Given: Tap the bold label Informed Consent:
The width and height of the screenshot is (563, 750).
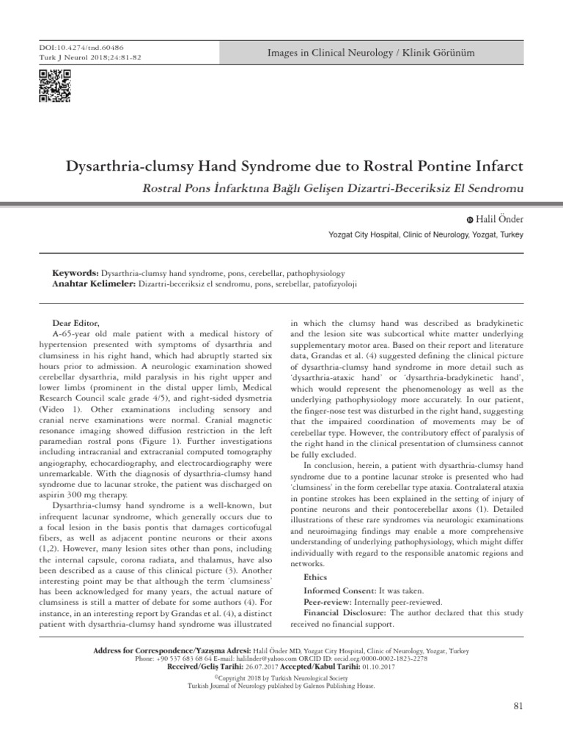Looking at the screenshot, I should point(339,590).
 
